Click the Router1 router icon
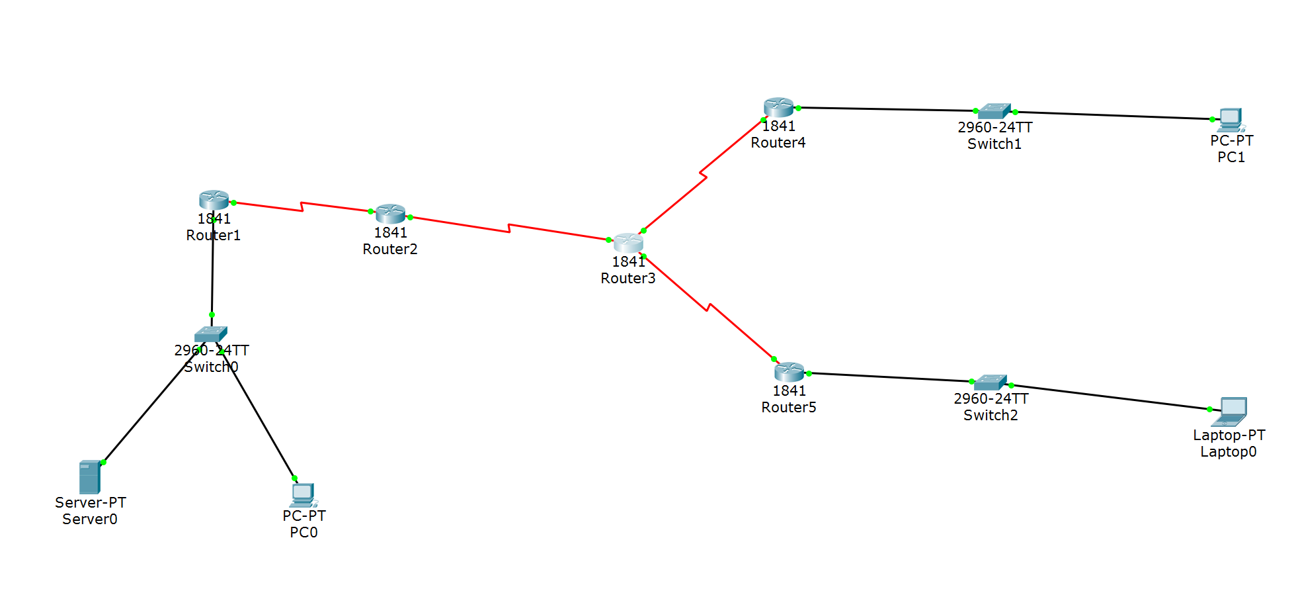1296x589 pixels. pyautogui.click(x=214, y=200)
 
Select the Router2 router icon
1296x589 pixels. pyautogui.click(x=390, y=214)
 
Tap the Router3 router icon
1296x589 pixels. pyautogui.click(x=628, y=242)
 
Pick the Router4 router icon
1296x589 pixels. pyautogui.click(x=778, y=107)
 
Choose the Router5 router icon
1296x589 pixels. pyautogui.click(x=789, y=371)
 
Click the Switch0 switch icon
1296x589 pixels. pyautogui.click(x=211, y=334)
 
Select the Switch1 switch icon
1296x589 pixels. pyautogui.click(x=994, y=111)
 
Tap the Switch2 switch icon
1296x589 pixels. pyautogui.click(x=991, y=382)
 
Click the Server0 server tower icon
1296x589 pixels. pyautogui.click(x=89, y=476)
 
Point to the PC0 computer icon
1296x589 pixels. pyautogui.click(x=303, y=494)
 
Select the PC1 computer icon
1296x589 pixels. pyautogui.click(x=1231, y=120)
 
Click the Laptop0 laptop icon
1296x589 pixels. pyautogui.click(x=1230, y=411)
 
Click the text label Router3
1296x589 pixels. pyautogui.click(x=628, y=279)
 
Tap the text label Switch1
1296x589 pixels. pyautogui.click(x=994, y=144)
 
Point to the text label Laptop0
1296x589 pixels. pyautogui.click(x=1229, y=452)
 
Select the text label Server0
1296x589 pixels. pyautogui.click(x=90, y=520)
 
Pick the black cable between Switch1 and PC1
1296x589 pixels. pyautogui.click(x=1114, y=115)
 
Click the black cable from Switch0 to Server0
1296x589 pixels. pyautogui.click(x=152, y=404)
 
